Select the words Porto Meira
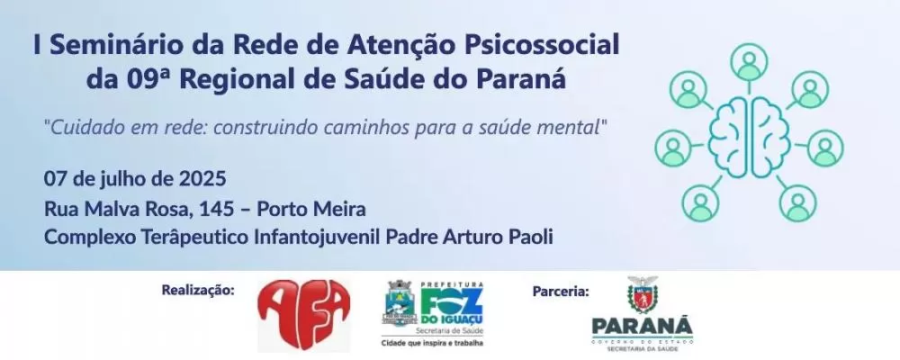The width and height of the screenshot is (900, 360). click(x=311, y=209)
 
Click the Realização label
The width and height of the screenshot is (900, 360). click(x=198, y=290)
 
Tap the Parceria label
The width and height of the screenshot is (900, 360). click(x=561, y=290)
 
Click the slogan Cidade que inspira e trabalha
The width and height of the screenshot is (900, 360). click(x=427, y=343)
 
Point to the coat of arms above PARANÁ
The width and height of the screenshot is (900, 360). click(x=643, y=293)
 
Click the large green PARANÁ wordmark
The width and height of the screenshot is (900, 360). click(x=643, y=325)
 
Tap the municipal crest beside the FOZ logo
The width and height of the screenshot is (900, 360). click(x=400, y=306)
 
